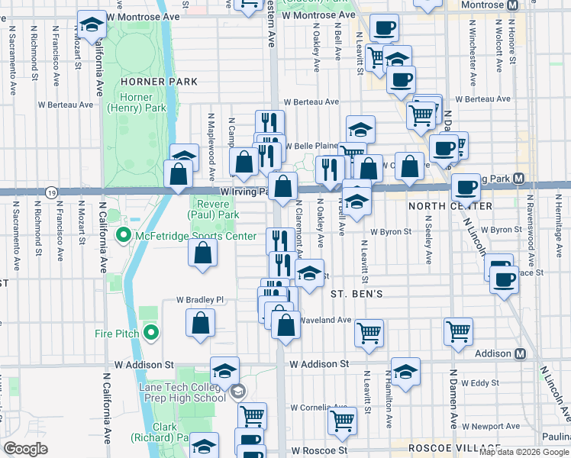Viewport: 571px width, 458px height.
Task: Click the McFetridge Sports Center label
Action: [195, 236]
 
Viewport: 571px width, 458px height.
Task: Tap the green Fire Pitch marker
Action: [151, 332]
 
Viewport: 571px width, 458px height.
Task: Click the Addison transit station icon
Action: [521, 354]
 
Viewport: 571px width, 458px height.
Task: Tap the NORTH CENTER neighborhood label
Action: [450, 206]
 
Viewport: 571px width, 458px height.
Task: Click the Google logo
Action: [26, 449]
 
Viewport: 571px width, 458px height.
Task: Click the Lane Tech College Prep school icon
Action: [238, 392]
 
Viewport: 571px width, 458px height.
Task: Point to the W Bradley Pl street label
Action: [200, 300]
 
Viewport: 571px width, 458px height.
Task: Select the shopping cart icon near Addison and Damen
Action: [458, 332]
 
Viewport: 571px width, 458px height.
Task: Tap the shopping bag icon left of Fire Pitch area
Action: [200, 324]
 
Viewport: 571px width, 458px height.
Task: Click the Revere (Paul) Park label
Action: [218, 210]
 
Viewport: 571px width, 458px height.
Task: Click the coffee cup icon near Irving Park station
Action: [466, 187]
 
